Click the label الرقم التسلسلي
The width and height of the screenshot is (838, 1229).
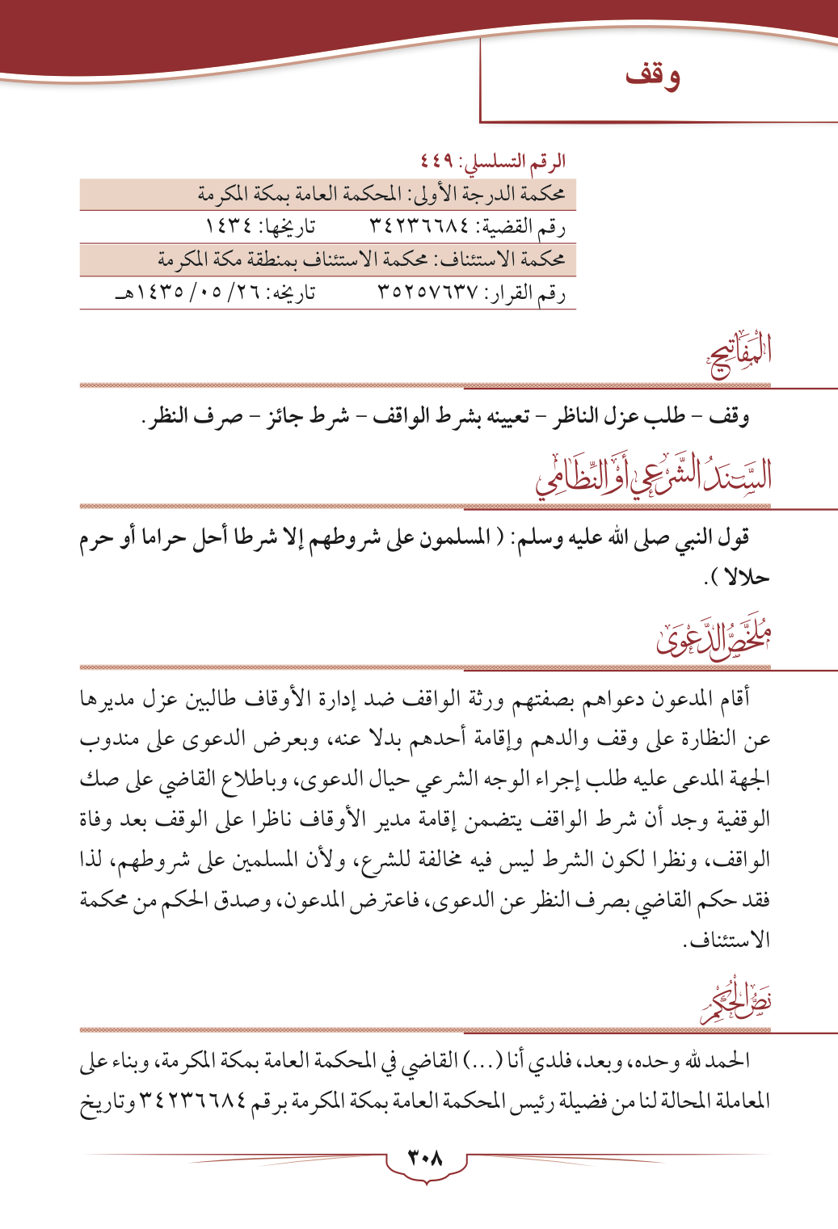coord(512,162)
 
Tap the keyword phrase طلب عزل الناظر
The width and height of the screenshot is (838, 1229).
coord(619,416)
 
